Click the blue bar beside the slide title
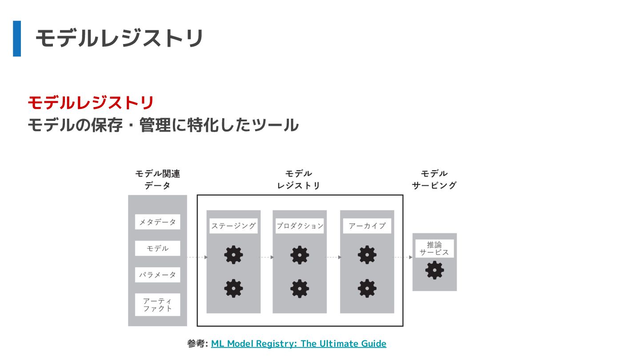pyautogui.click(x=17, y=39)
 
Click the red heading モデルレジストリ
pyautogui.click(x=91, y=103)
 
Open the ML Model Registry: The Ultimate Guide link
pyautogui.click(x=298, y=344)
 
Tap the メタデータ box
pyautogui.click(x=157, y=222)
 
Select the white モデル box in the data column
pyautogui.click(x=157, y=248)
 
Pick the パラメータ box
pyautogui.click(x=157, y=275)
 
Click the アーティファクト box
pyautogui.click(x=157, y=304)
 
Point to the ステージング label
pyautogui.click(x=233, y=226)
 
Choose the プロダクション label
pyautogui.click(x=300, y=226)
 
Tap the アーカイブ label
pyautogui.click(x=367, y=226)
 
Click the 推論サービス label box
pyautogui.click(x=434, y=248)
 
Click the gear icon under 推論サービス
pyautogui.click(x=434, y=270)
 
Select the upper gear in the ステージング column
pyautogui.click(x=233, y=255)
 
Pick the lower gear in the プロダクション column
pyautogui.click(x=300, y=288)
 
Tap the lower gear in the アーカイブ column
pyautogui.click(x=367, y=288)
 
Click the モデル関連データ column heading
pyautogui.click(x=157, y=180)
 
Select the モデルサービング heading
pyautogui.click(x=434, y=180)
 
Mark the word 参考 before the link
pyautogui.click(x=196, y=344)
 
